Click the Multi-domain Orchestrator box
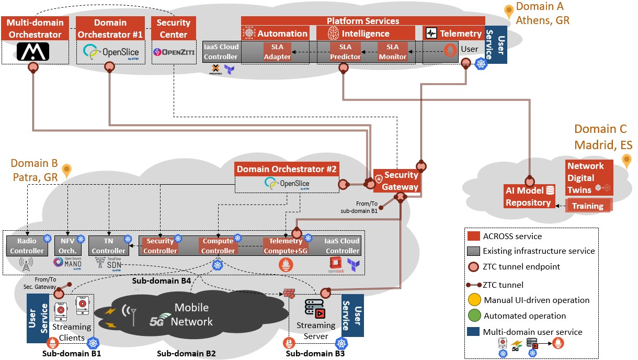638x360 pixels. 35,29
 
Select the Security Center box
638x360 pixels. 173,29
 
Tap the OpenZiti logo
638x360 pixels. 173,52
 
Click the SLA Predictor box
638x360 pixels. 345,52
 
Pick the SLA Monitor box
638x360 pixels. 392,52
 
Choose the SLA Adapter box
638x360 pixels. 277,52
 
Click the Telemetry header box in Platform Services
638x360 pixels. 453,33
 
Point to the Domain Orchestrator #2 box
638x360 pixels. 287,169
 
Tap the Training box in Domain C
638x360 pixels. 587,206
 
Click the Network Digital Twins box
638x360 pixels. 585,178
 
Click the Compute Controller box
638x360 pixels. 218,246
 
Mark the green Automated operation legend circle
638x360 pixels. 474,316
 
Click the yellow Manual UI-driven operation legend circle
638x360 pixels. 474,300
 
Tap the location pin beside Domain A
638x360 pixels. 508,12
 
